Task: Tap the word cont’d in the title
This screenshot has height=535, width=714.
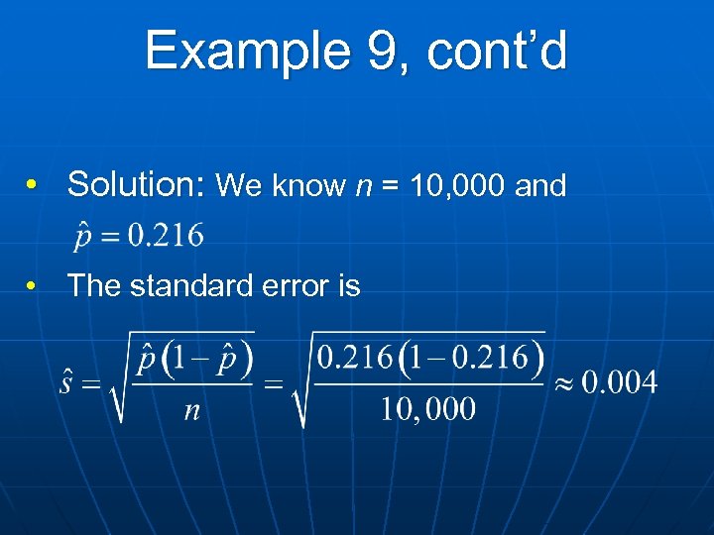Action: tap(499, 51)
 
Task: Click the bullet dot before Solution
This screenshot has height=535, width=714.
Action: tap(33, 185)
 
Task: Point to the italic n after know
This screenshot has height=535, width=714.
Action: tap(362, 186)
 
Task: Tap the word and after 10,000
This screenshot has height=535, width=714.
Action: tap(541, 185)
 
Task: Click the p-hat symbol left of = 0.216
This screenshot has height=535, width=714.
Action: tap(82, 238)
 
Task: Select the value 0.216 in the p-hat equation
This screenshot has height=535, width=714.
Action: tap(168, 236)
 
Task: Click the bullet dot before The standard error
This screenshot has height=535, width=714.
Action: tap(33, 286)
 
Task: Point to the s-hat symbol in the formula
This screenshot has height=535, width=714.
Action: tap(66, 381)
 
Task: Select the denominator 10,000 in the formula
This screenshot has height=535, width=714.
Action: tap(428, 409)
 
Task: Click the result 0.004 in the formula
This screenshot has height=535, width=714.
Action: tap(620, 382)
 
